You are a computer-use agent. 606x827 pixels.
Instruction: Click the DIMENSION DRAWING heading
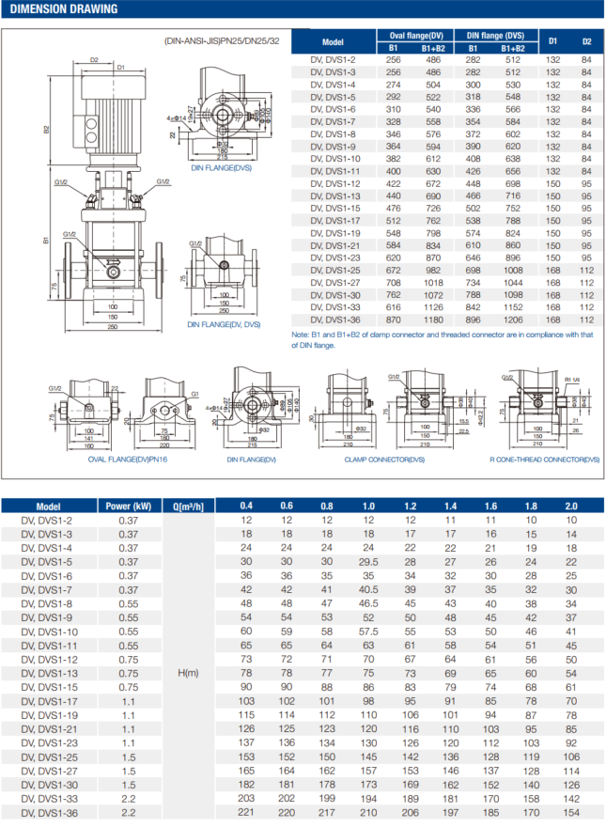click(64, 10)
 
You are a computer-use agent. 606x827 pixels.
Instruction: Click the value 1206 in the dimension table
click(513, 320)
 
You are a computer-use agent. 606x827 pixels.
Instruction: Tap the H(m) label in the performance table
click(185, 673)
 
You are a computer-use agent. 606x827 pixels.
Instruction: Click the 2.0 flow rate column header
click(573, 506)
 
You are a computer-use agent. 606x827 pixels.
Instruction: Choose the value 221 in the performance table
click(245, 811)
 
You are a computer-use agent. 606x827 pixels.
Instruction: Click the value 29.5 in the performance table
click(368, 562)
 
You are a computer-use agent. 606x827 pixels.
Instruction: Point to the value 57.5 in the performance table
click(368, 632)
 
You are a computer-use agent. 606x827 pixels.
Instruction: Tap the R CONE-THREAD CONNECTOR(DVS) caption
click(544, 460)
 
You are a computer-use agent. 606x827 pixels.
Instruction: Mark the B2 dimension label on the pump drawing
click(46, 128)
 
